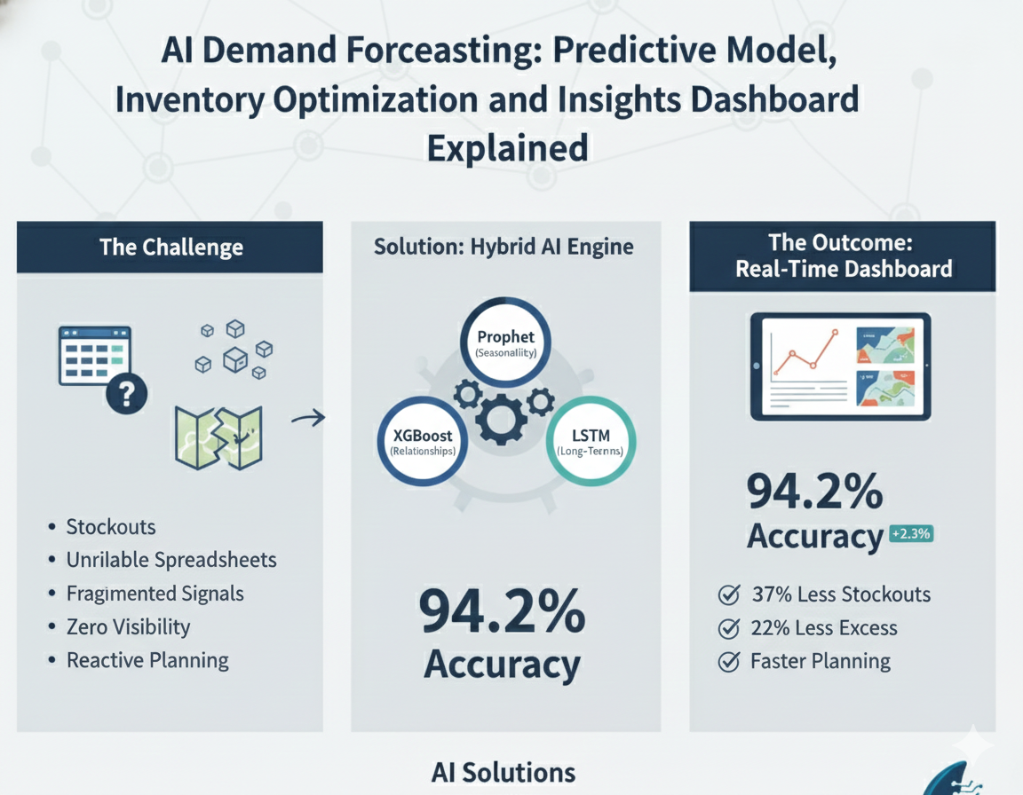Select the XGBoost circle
click(422, 442)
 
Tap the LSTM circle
click(591, 442)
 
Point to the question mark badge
click(125, 395)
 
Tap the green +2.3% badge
click(910, 534)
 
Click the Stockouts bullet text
click(110, 527)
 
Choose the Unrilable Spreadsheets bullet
click(171, 560)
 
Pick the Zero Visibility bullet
click(128, 627)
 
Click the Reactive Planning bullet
click(147, 661)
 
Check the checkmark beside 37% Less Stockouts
click(728, 594)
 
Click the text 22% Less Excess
click(823, 628)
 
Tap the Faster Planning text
click(820, 661)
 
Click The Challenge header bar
click(170, 247)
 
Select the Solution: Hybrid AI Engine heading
click(504, 246)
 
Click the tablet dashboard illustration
click(840, 366)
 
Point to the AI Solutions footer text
click(503, 772)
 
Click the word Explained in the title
click(507, 146)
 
